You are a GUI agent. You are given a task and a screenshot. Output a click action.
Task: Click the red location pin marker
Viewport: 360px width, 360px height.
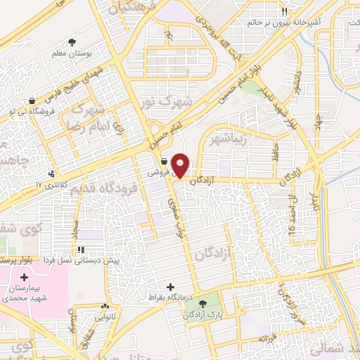click(181, 165)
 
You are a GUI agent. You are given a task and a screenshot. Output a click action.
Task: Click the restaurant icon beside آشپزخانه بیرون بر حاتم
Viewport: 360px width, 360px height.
click(284, 12)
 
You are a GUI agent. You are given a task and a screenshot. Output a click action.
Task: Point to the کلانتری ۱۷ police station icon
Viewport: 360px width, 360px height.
click(51, 173)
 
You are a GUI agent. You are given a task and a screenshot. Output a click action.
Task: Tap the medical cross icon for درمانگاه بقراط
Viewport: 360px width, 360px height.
click(169, 288)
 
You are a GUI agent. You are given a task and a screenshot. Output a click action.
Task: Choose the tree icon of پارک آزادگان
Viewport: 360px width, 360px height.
click(204, 304)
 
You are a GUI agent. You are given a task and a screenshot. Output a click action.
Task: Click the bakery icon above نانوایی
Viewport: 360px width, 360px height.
click(105, 307)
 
